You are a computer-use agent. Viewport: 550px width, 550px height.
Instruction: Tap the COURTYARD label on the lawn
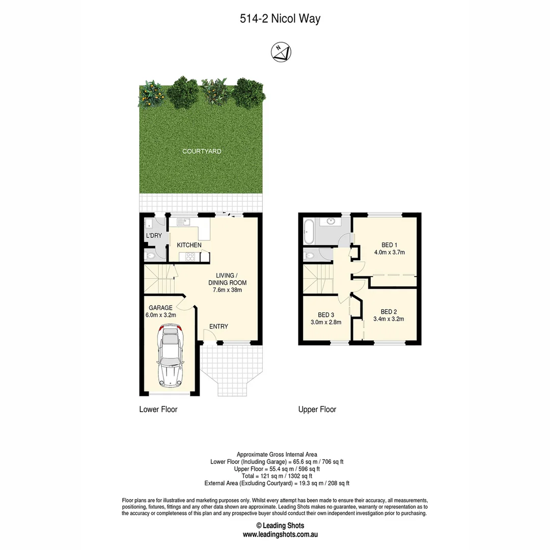tap(202, 151)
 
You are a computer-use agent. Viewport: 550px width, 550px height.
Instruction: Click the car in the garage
tap(170, 356)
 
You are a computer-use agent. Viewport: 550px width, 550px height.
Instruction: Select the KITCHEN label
tap(189, 245)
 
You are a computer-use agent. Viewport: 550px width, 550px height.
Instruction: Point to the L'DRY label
tap(154, 236)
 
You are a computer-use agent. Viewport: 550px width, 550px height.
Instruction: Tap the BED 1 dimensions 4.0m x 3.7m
tap(390, 252)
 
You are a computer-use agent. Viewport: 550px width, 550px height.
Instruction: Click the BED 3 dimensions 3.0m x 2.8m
tap(325, 322)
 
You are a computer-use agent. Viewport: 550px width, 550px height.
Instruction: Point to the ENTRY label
tap(218, 326)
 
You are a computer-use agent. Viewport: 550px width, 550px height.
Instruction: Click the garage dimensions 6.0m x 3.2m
tap(160, 315)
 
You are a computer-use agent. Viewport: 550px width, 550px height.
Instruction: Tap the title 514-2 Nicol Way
tap(280, 19)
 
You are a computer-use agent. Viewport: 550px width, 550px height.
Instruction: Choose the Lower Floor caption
tap(158, 409)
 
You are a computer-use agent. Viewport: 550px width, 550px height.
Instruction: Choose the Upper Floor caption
tap(317, 409)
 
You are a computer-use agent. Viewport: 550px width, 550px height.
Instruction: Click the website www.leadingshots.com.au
tap(280, 535)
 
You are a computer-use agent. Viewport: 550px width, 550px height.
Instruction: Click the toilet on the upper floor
tap(309, 256)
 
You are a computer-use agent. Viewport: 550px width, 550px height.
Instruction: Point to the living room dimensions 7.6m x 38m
tap(228, 290)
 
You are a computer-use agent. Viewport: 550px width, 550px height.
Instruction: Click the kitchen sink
tap(186, 221)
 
